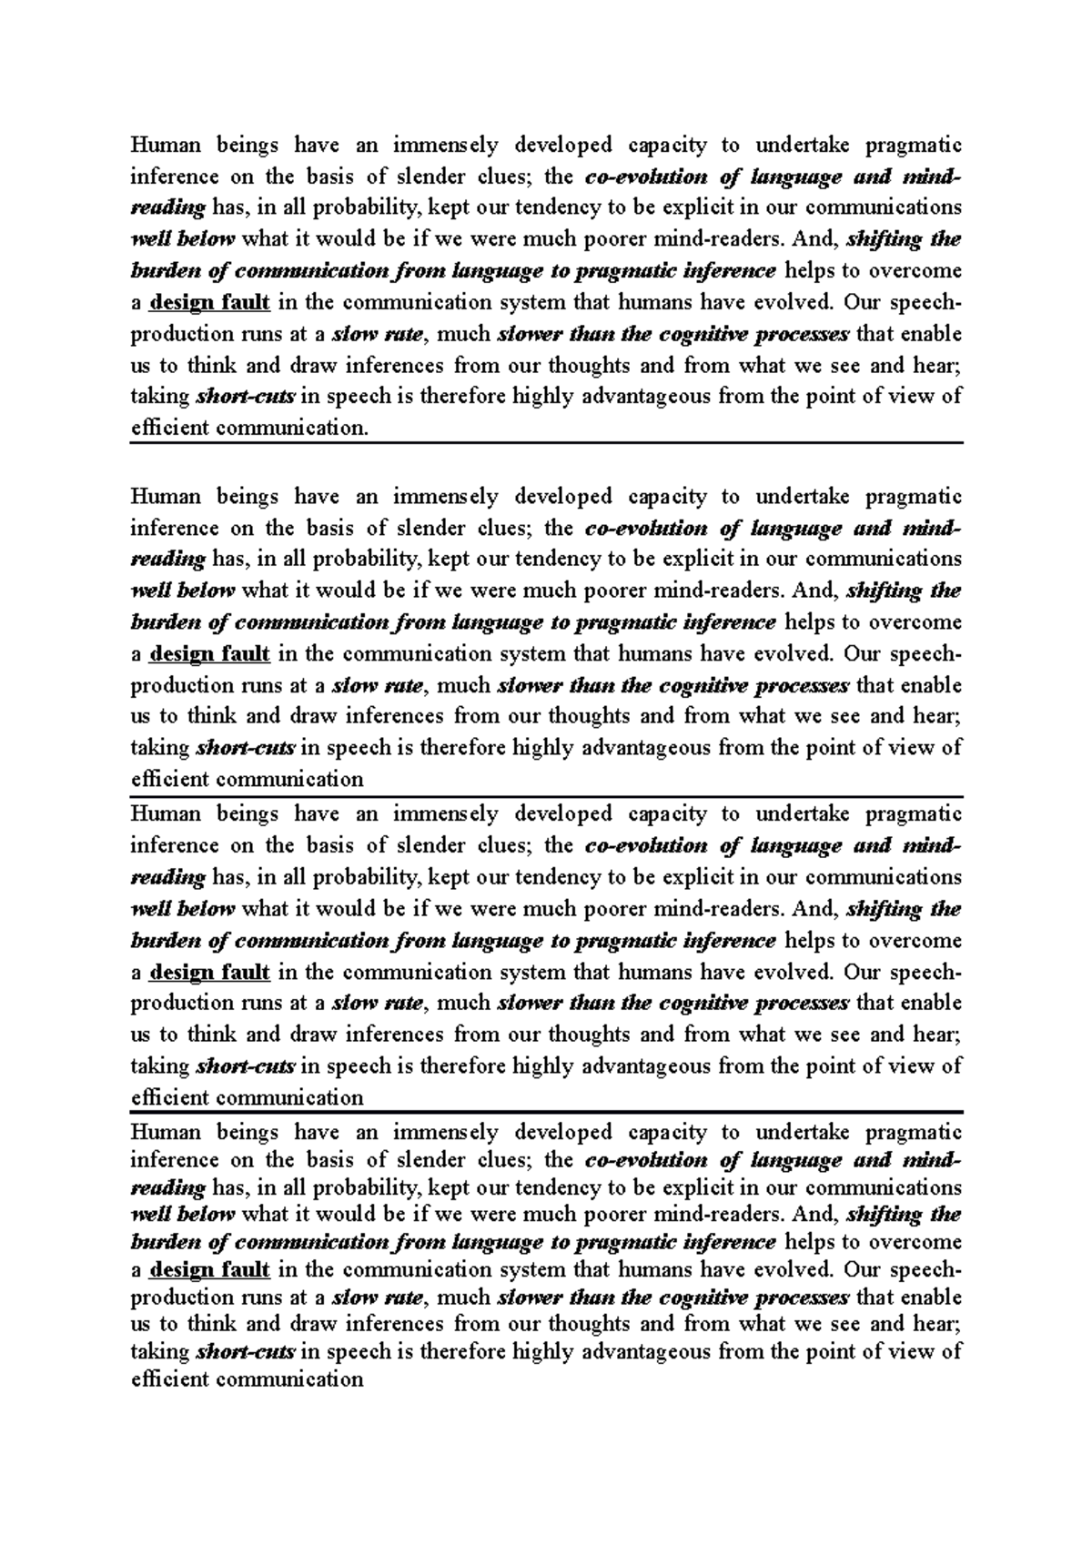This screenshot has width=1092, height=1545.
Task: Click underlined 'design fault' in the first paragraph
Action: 209,302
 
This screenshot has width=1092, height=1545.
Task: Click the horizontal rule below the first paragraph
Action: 546,442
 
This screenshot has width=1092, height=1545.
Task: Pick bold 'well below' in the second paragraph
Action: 183,591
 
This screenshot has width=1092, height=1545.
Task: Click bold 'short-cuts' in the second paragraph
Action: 246,748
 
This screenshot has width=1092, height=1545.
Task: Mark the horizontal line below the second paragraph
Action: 546,794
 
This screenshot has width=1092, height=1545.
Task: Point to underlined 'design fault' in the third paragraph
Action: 209,972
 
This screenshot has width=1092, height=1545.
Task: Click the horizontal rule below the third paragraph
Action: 546,1112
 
